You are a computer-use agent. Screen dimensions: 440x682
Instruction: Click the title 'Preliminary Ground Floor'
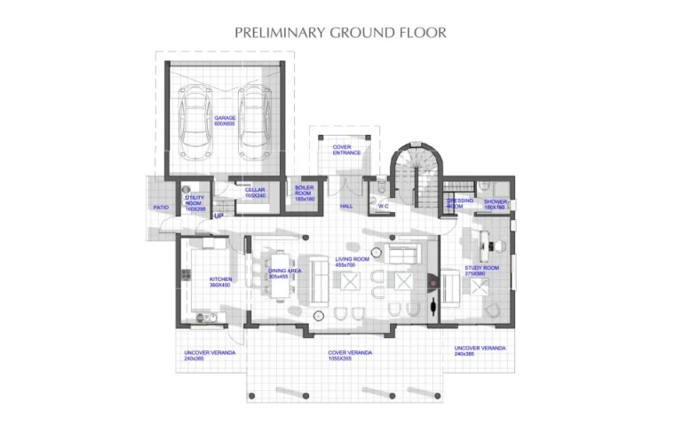340,33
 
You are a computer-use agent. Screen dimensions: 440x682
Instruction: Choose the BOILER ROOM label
305,194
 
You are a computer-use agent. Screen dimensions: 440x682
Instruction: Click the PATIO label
161,208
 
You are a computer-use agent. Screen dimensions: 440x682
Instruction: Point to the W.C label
383,206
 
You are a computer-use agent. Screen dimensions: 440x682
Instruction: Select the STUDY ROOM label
481,271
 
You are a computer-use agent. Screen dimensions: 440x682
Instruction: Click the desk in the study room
488,237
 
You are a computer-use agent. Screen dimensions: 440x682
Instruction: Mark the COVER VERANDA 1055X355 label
349,356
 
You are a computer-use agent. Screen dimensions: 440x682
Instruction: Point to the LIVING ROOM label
345,263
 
